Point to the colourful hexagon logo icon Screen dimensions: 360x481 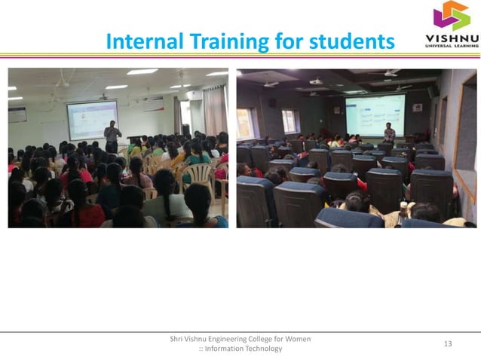pyautogui.click(x=450, y=16)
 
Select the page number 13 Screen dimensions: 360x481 pyautogui.click(x=448, y=344)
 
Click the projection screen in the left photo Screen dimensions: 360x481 pyautogui.click(x=91, y=119)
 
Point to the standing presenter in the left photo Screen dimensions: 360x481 pyautogui.click(x=112, y=136)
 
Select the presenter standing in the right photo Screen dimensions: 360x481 pyautogui.click(x=389, y=134)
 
